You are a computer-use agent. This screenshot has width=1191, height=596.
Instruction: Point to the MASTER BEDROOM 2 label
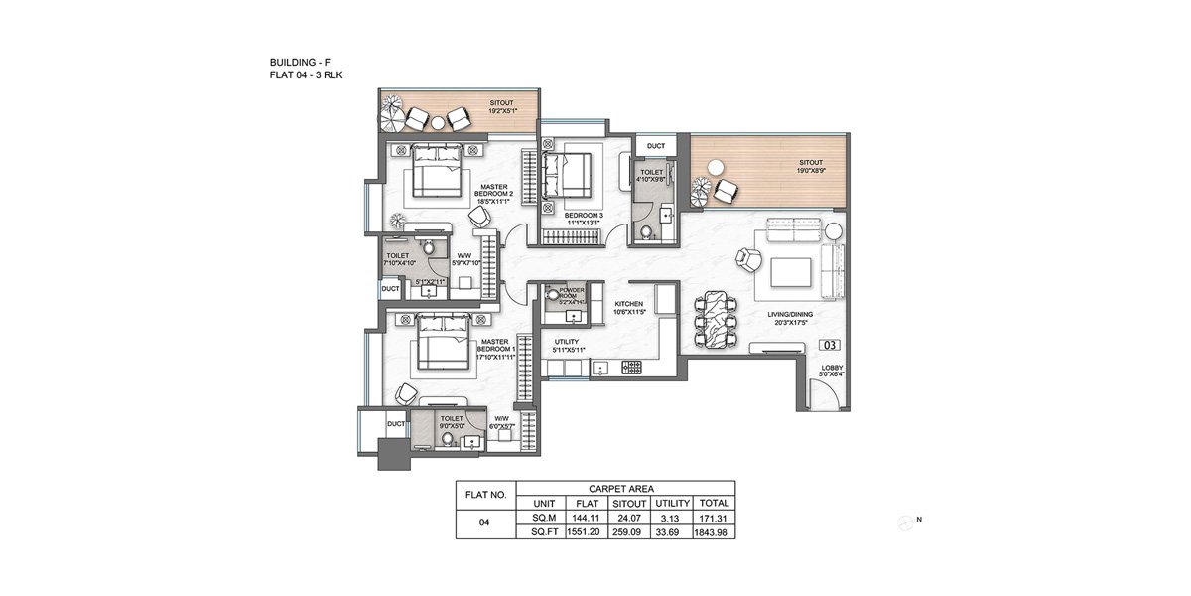(493, 192)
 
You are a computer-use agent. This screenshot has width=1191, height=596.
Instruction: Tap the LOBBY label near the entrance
(832, 371)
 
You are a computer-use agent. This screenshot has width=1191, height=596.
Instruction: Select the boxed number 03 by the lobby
(831, 346)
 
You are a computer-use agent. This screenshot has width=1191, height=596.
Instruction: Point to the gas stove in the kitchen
(631, 368)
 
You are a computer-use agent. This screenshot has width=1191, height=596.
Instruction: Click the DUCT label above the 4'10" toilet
(655, 146)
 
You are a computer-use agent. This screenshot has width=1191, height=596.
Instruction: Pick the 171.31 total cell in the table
(714, 517)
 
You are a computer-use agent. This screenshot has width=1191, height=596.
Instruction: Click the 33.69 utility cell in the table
(671, 531)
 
